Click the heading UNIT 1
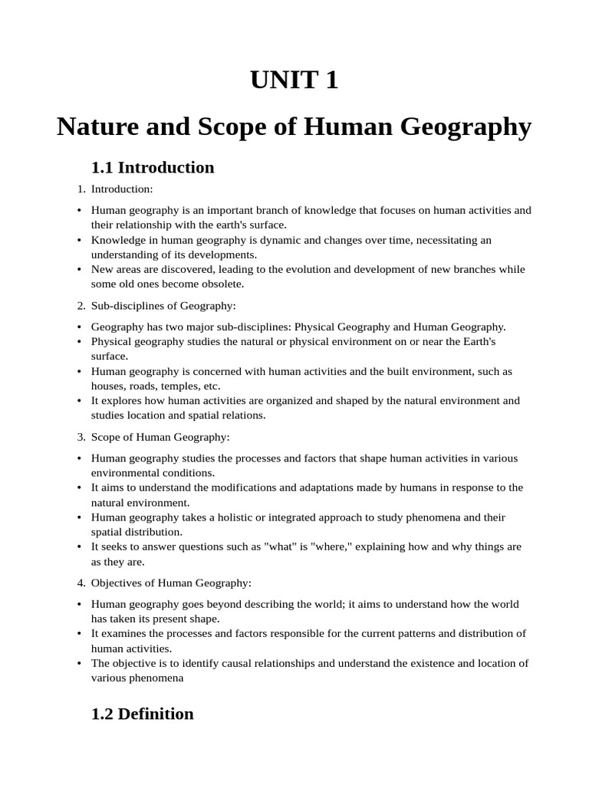[x=294, y=80]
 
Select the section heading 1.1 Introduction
[x=153, y=168]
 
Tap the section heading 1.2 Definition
[x=142, y=714]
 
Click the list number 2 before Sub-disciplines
[x=81, y=306]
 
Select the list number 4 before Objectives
[x=81, y=583]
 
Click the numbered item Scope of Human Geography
[x=160, y=437]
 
